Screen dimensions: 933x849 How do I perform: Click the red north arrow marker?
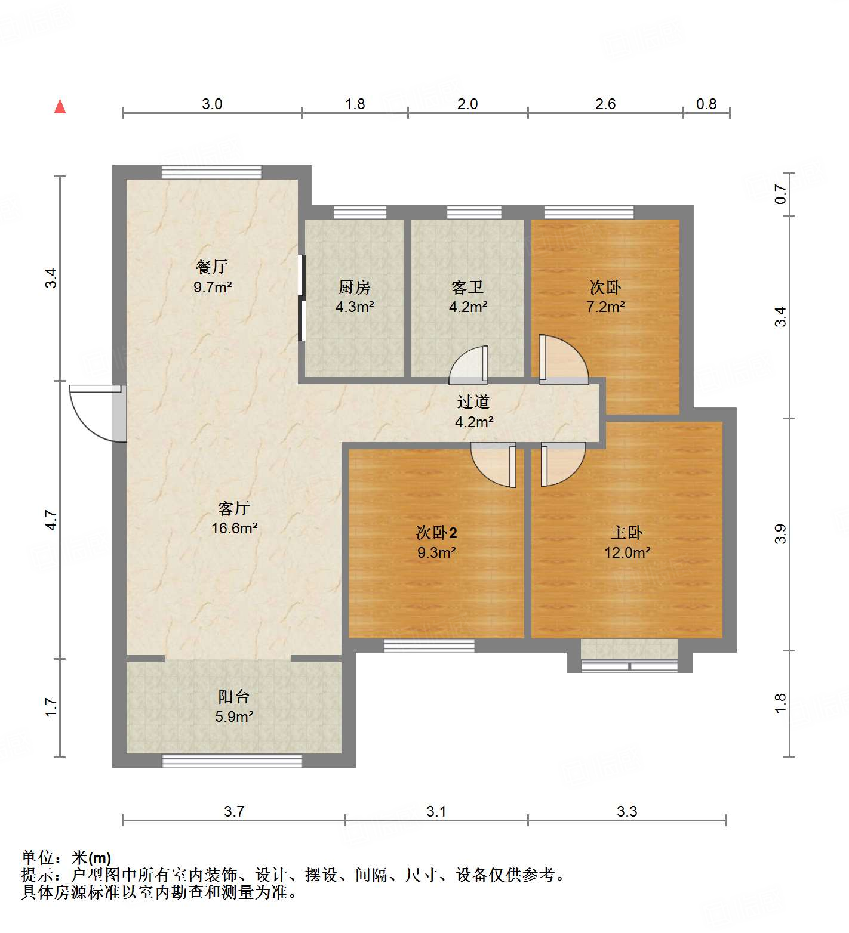point(60,106)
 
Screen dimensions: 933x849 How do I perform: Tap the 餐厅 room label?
point(212,267)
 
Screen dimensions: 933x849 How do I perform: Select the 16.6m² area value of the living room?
point(234,528)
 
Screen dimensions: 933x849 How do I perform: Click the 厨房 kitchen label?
point(354,287)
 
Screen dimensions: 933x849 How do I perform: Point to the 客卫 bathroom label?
point(467,287)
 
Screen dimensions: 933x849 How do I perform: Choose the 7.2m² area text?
point(605,307)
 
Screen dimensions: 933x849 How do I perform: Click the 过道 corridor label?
point(473,402)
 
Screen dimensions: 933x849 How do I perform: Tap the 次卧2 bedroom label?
point(436,532)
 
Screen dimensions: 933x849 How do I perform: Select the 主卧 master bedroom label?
point(627,532)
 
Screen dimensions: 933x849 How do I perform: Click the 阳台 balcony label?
point(233,696)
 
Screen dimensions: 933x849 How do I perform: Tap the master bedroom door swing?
point(562,464)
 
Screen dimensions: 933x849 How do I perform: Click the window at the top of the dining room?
point(211,172)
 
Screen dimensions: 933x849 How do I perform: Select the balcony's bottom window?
point(232,761)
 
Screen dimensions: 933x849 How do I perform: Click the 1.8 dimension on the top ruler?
point(355,104)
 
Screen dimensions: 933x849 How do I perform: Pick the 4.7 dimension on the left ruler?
point(51,520)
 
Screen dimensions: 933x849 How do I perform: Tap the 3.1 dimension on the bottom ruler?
point(436,811)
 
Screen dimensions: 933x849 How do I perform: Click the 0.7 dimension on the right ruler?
point(780,194)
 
